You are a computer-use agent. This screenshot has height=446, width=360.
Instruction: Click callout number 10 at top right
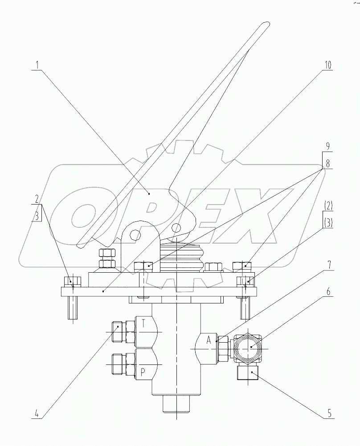coord(327,65)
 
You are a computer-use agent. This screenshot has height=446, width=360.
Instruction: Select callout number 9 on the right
coord(327,146)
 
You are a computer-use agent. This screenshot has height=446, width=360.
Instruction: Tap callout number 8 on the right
coord(327,164)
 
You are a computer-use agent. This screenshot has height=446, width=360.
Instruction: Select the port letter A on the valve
coord(208,341)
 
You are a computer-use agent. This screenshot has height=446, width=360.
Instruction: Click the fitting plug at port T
coord(117,333)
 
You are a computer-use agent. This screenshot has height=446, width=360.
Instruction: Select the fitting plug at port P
coord(117,364)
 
